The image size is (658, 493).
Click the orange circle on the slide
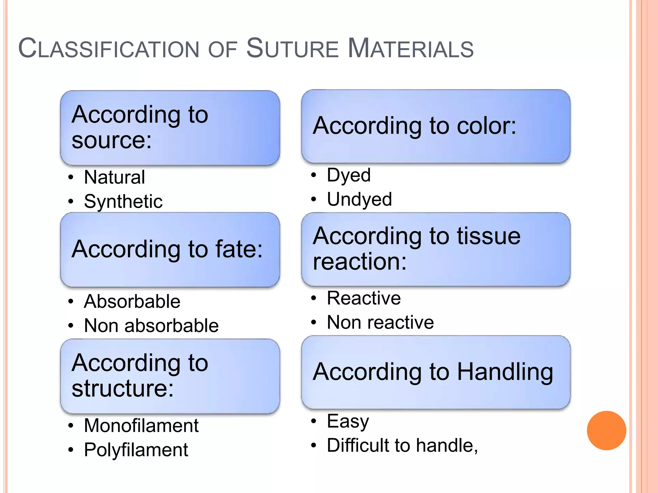[x=606, y=430]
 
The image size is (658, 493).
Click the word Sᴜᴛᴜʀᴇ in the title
[x=292, y=49]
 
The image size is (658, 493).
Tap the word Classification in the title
[x=109, y=49]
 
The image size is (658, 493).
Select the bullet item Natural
[x=114, y=177]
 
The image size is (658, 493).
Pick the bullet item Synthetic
[x=123, y=202]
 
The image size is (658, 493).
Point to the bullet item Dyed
[x=349, y=175]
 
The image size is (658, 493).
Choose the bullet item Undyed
[x=359, y=199]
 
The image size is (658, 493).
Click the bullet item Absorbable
[x=132, y=301]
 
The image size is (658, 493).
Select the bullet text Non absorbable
[x=151, y=325]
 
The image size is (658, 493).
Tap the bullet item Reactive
[x=364, y=298]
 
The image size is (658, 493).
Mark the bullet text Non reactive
[x=380, y=322]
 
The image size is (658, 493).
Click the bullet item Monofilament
[x=141, y=426]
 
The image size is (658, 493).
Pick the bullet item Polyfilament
[x=136, y=450]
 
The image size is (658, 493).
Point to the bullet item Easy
[x=348, y=421]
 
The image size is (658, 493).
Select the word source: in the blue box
[x=111, y=140]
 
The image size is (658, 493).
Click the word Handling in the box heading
[x=505, y=372]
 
